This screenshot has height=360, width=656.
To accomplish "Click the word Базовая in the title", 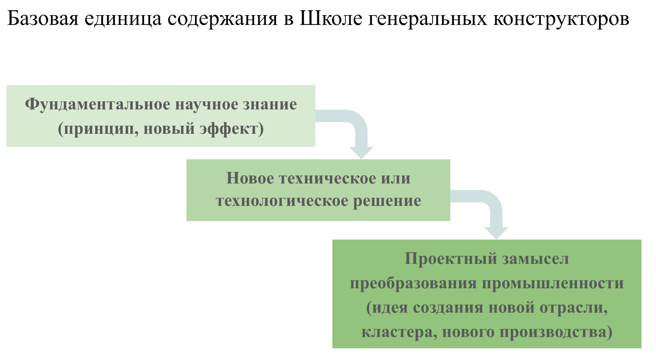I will (43, 19).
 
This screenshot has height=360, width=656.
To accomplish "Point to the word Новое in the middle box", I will (250, 178).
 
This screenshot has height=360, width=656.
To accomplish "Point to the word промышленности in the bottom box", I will (553, 283).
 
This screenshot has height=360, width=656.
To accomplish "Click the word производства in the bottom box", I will (556, 332).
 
